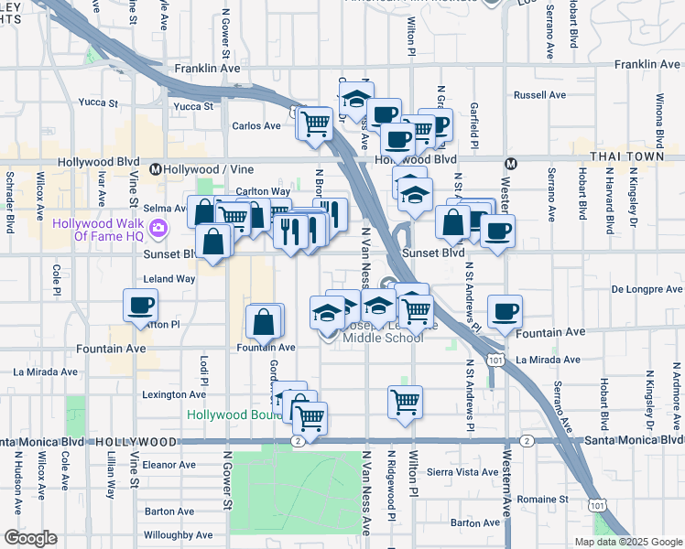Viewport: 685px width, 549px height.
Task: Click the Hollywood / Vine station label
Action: coord(196,169)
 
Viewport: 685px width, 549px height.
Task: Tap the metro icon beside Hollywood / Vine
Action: coord(156,169)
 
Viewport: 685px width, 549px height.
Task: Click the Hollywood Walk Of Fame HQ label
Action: coord(98,229)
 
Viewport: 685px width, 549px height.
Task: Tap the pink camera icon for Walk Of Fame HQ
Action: coord(159,228)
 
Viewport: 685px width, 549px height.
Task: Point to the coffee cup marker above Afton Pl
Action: coord(140,306)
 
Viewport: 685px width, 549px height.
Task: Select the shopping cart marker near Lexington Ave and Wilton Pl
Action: coord(405,400)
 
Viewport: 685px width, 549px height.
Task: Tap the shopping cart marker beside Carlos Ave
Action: coord(316,123)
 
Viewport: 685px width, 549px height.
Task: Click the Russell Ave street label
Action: coord(539,95)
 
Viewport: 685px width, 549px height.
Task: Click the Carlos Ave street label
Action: coord(256,126)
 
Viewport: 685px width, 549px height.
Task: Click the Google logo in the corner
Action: coord(30,538)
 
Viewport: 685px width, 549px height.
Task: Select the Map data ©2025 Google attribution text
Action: coord(627,542)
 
